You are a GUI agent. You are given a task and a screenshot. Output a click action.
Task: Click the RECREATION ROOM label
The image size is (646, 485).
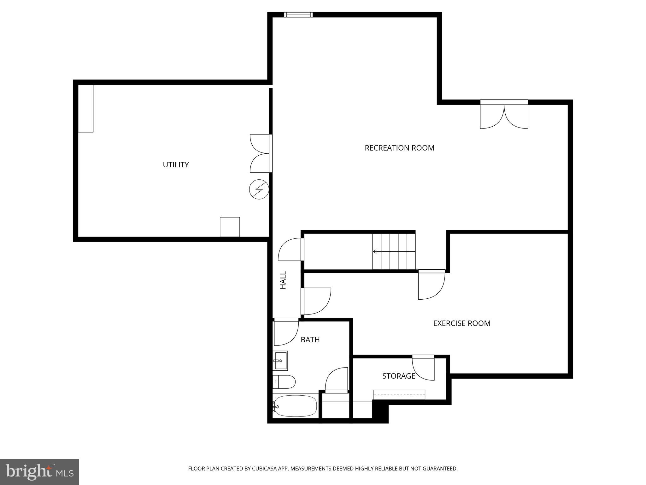tap(399, 148)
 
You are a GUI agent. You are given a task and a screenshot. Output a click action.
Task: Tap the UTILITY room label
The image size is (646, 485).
tap(176, 165)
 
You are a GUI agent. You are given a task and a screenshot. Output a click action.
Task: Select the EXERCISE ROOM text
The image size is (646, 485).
tap(461, 323)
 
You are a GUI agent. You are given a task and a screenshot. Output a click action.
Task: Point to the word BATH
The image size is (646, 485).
tap(310, 340)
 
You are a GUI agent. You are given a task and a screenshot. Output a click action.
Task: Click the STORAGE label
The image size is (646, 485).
tap(398, 376)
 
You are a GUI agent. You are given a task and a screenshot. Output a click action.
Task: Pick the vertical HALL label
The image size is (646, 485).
tap(283, 280)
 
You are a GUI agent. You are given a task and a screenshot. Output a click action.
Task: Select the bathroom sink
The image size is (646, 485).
tap(280, 361)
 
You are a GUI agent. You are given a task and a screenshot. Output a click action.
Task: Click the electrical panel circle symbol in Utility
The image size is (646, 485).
tap(259, 189)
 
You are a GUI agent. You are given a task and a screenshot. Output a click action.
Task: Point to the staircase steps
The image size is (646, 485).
tap(394, 251)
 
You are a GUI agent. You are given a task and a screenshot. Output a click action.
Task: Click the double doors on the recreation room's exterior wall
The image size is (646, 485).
tap(504, 115)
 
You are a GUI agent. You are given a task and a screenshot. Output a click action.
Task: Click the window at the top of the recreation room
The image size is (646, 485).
tap(298, 15)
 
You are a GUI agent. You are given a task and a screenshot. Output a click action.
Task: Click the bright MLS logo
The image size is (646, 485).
tap(39, 472)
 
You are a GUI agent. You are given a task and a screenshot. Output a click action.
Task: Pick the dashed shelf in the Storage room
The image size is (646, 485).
tap(399, 395)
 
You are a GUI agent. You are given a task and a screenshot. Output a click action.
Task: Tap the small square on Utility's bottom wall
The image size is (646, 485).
tap(230, 227)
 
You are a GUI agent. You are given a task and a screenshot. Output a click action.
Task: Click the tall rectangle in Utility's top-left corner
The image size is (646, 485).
tap(85, 108)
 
